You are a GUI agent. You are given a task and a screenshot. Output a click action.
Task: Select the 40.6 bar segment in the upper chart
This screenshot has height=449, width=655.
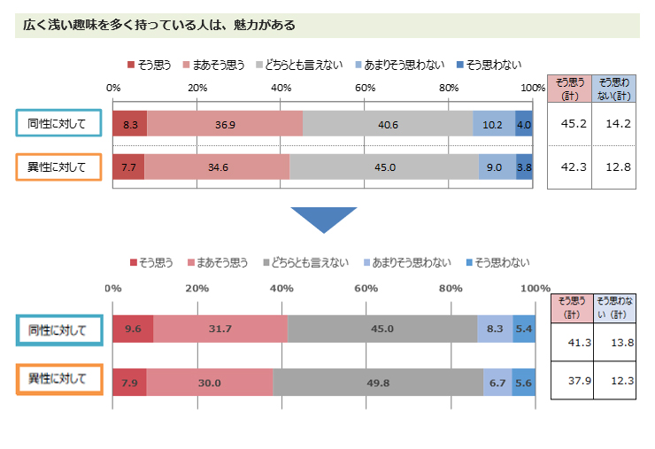[388, 124]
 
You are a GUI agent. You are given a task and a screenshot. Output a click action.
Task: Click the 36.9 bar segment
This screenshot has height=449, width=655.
[225, 124]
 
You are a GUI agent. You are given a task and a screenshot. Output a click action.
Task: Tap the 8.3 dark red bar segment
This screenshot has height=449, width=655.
[130, 124]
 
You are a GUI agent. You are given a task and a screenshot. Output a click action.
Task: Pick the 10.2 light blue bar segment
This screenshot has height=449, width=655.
[494, 124]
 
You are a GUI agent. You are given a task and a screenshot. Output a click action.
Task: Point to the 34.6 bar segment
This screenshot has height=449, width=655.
[217, 166]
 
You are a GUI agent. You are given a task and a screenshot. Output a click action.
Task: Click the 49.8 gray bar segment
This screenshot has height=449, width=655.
[377, 382]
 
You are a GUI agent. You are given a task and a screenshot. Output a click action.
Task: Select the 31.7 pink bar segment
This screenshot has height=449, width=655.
[220, 329]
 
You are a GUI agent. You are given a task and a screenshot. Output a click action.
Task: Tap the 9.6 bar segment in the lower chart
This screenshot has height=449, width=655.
[133, 329]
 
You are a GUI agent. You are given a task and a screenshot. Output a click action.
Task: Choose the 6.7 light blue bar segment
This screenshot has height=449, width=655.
[497, 382]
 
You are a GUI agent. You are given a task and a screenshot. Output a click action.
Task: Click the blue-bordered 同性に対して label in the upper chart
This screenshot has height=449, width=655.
[58, 124]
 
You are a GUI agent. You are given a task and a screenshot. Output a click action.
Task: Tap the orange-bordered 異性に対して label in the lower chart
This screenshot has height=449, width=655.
[58, 379]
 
